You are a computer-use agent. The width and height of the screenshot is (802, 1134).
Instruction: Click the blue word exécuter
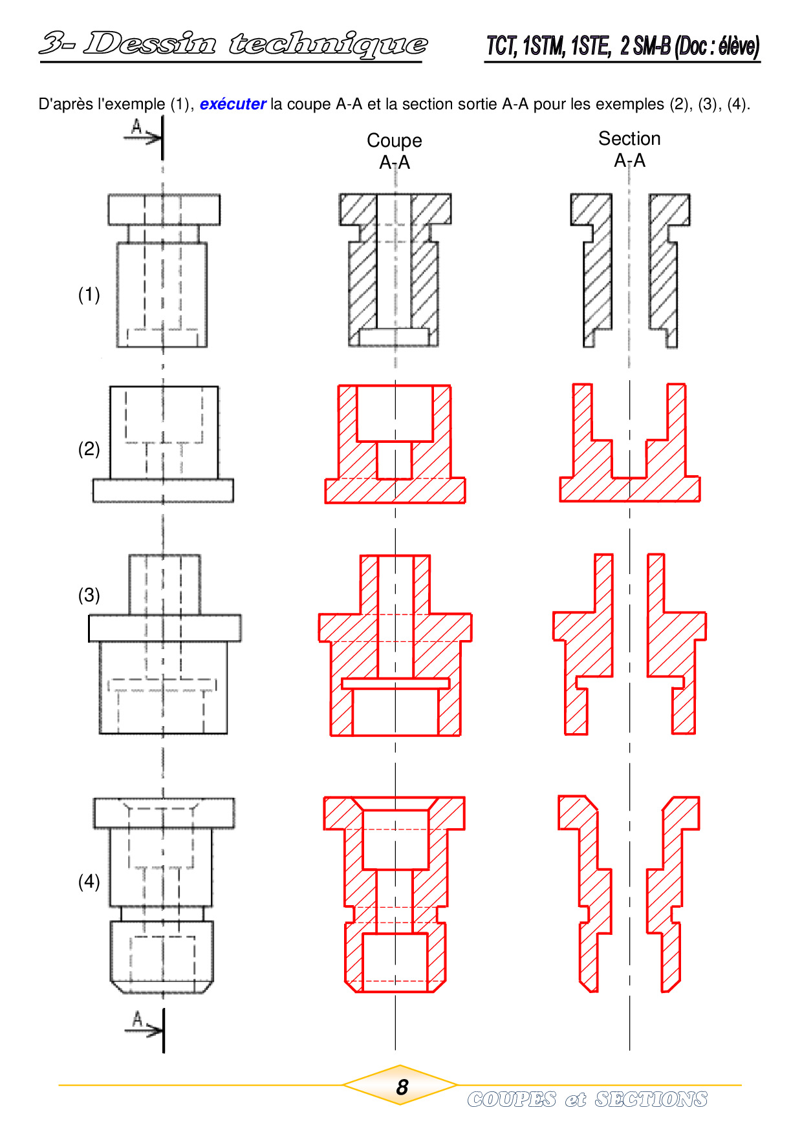[233, 104]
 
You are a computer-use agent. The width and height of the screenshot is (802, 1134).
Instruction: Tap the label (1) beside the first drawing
[89, 295]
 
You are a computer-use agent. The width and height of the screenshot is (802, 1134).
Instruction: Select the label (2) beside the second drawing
[89, 449]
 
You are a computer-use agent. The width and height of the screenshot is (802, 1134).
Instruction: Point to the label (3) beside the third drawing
[89, 595]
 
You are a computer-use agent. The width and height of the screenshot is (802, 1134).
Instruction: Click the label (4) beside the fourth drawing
[89, 881]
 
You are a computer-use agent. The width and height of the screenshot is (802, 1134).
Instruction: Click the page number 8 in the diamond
[402, 1087]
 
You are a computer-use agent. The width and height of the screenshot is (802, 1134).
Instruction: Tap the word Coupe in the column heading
[395, 141]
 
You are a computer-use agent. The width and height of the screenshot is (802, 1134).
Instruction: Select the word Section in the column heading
[629, 138]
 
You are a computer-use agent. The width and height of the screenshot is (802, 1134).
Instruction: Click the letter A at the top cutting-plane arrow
[136, 127]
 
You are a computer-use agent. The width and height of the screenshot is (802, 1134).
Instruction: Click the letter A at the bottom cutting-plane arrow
[137, 1020]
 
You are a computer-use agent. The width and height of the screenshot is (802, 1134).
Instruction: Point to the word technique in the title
[328, 45]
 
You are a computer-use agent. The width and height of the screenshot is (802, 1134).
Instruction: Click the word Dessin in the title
[149, 43]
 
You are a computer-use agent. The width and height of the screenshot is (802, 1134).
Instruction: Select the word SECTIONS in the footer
[651, 1099]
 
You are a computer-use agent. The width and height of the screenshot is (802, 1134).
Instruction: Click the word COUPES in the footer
[512, 1099]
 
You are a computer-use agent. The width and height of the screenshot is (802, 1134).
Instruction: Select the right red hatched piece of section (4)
[666, 892]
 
